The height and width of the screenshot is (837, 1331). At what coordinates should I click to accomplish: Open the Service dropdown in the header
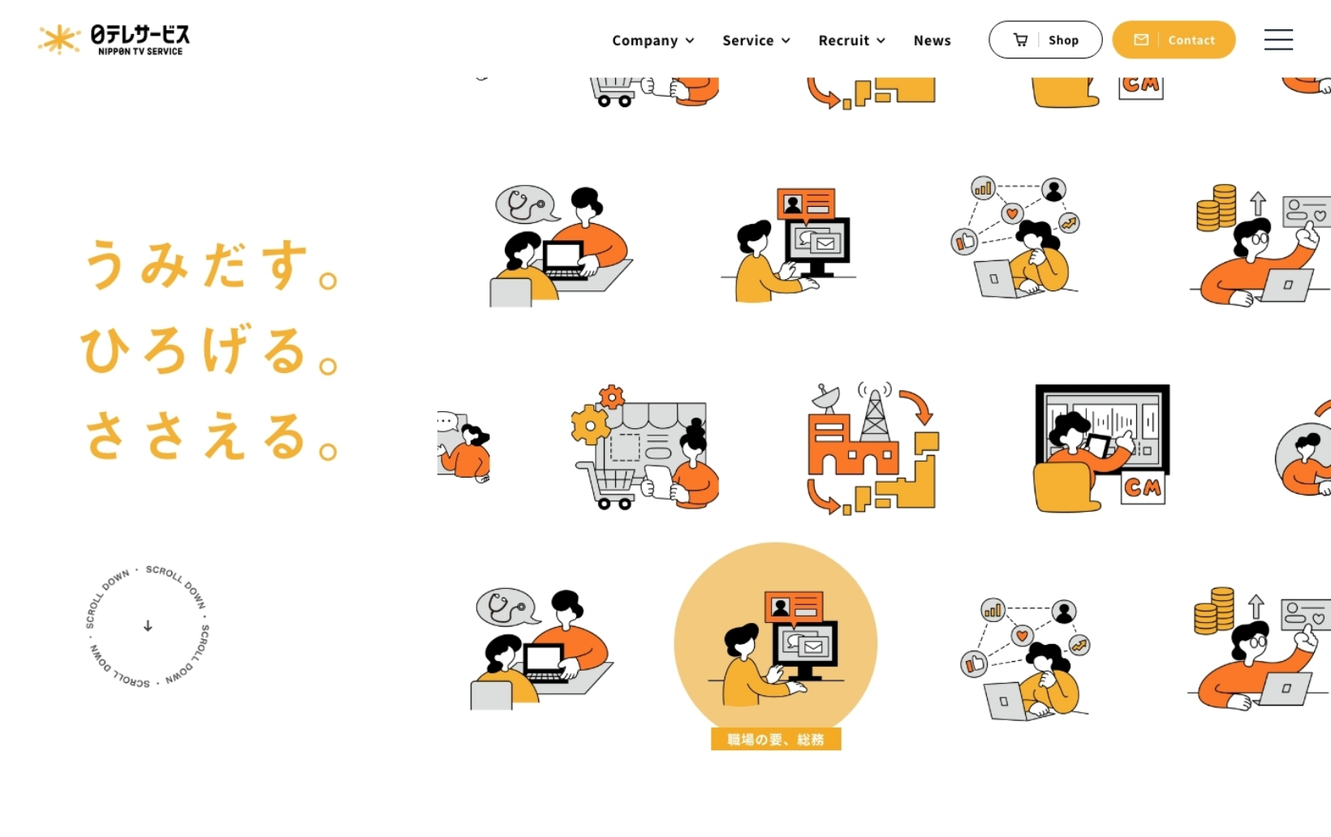[x=756, y=41]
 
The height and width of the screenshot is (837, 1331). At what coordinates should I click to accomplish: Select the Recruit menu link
[x=851, y=41]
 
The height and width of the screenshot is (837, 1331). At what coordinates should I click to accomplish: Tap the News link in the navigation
[x=932, y=41]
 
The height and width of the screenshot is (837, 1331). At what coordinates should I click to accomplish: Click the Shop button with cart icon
[x=1045, y=40]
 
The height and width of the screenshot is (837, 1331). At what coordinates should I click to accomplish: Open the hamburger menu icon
[x=1278, y=40]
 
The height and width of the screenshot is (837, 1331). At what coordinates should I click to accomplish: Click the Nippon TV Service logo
[x=114, y=40]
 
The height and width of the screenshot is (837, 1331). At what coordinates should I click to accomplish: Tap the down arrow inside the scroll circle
[x=148, y=626]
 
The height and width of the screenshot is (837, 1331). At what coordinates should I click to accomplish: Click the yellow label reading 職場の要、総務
[x=775, y=739]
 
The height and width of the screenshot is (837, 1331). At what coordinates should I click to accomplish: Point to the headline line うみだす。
[x=212, y=264]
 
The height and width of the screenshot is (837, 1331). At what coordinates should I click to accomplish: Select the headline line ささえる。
[x=212, y=435]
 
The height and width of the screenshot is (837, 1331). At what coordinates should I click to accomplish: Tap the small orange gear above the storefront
[x=611, y=397]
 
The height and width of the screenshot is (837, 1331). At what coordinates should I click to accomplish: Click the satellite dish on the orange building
[x=828, y=397]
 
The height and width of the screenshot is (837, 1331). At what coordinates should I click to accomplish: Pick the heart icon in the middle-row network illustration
[x=1012, y=212]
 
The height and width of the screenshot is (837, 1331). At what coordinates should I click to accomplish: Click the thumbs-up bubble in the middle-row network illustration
[x=964, y=242]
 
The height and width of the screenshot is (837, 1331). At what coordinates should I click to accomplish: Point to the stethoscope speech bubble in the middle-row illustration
[x=527, y=204]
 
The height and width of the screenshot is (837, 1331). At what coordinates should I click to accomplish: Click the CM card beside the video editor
[x=1143, y=487]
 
